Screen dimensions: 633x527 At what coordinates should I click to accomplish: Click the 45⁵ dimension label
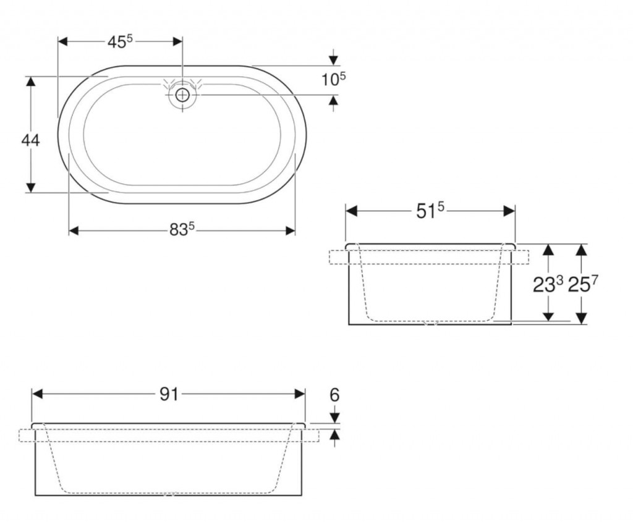pos(120,41)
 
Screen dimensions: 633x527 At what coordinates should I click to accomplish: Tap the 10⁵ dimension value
pos(333,79)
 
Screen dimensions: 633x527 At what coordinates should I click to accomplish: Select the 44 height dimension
pos(30,140)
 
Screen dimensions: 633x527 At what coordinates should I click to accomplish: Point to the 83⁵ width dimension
pos(182,230)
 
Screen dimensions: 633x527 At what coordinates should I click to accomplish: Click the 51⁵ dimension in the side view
pos(430,211)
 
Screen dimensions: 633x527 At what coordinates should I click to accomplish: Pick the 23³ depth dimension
pos(548,285)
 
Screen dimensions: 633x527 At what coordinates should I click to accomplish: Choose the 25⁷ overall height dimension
pos(583,285)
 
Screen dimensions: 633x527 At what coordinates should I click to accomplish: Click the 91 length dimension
pos(169,394)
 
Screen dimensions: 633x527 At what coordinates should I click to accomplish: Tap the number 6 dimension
pos(334,395)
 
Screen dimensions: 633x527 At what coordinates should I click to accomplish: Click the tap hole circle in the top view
pos(182,95)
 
